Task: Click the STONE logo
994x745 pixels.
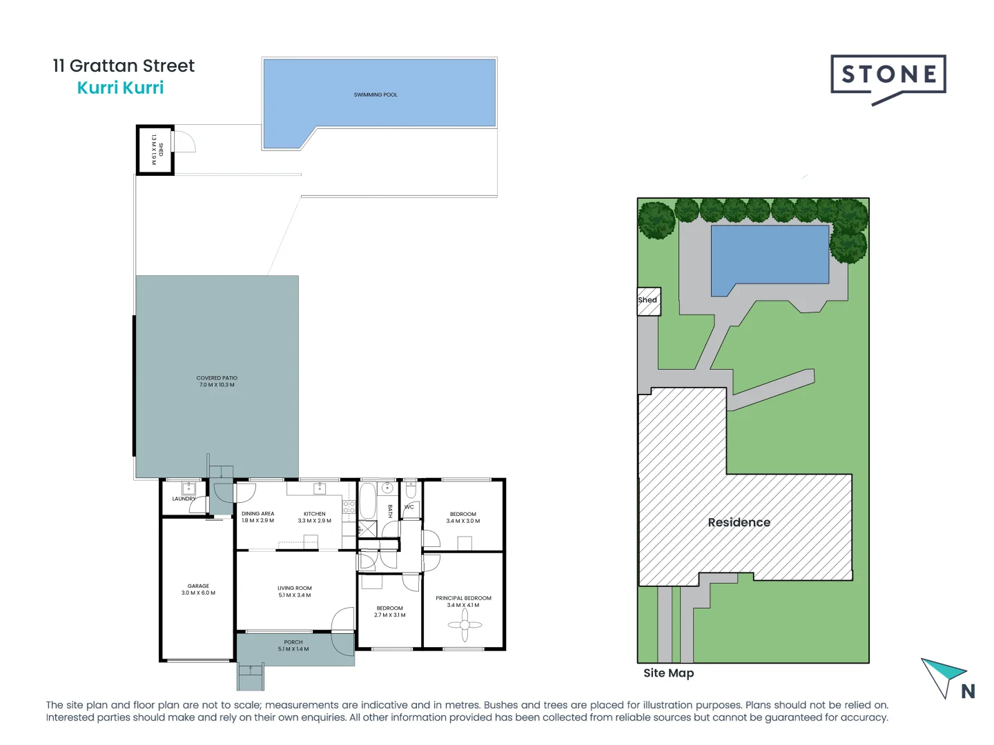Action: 888,76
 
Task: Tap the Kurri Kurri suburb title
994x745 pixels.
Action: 120,88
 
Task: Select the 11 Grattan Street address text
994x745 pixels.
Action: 124,66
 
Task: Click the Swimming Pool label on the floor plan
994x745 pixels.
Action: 376,95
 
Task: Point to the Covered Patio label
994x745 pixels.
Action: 217,381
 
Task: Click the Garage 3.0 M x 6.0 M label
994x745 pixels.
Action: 198,589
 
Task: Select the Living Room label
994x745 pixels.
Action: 295,591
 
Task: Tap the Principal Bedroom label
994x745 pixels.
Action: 463,602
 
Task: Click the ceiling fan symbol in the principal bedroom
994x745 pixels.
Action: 465,626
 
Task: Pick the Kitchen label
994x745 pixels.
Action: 314,517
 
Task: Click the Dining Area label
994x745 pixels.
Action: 257,517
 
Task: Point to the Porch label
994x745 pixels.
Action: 293,645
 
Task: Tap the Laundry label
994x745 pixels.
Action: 184,499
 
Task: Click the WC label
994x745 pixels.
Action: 409,507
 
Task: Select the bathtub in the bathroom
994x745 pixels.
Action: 367,501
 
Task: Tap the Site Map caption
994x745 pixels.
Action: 668,673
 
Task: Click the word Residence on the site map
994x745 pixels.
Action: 739,522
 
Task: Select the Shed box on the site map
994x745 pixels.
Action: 648,301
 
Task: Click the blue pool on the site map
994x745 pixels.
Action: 770,253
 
